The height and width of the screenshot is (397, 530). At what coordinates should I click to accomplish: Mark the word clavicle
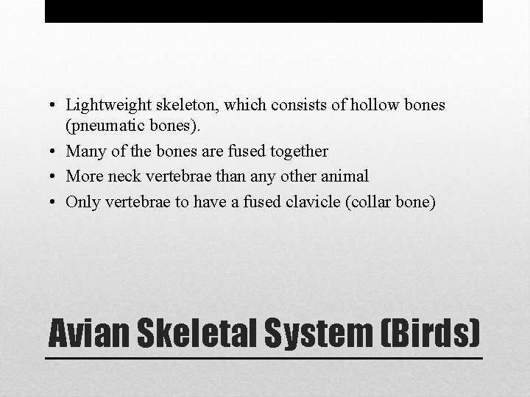[x=314, y=201]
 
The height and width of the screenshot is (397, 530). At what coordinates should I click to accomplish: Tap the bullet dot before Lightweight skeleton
[x=56, y=106]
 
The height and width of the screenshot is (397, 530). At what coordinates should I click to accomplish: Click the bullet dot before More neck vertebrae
[x=56, y=177]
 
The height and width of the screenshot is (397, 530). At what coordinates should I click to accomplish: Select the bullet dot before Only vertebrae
[x=56, y=202]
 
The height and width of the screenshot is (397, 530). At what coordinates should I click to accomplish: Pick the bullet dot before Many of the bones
[x=56, y=152]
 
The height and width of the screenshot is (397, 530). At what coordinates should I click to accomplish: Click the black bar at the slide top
[x=264, y=11]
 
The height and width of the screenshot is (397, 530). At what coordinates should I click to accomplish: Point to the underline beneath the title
[x=264, y=358]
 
